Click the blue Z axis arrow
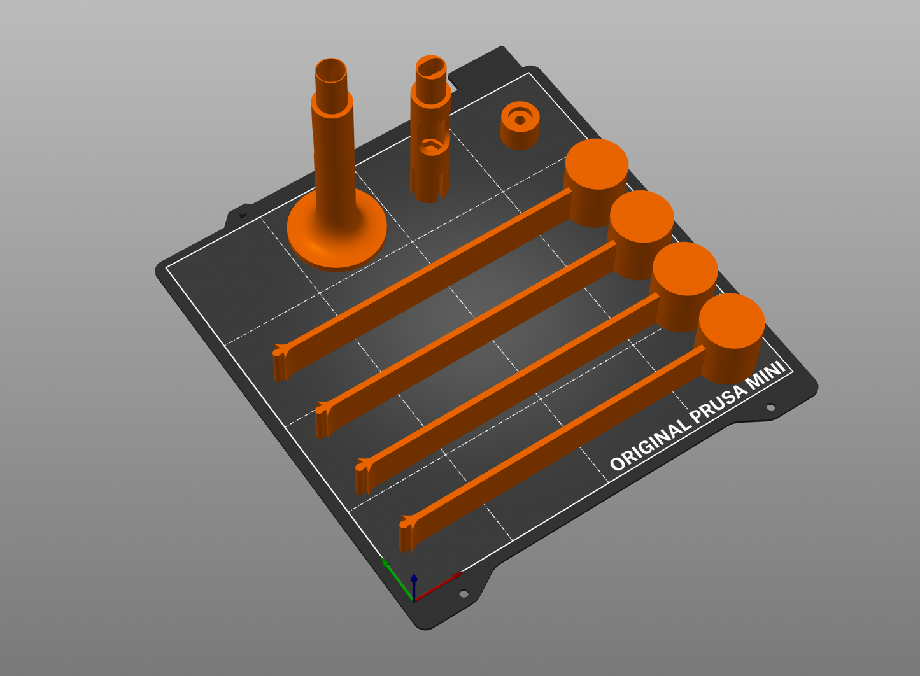[414, 588]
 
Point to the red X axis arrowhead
[456, 576]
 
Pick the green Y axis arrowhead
[385, 562]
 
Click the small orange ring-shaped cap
[520, 125]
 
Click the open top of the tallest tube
[330, 71]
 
